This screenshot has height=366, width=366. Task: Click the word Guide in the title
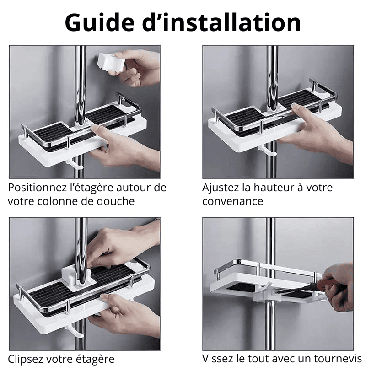tap(100, 23)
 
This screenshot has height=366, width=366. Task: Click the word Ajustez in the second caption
tap(221, 188)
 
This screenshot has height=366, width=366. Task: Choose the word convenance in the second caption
tap(232, 201)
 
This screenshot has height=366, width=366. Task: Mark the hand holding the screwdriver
tap(338, 287)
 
